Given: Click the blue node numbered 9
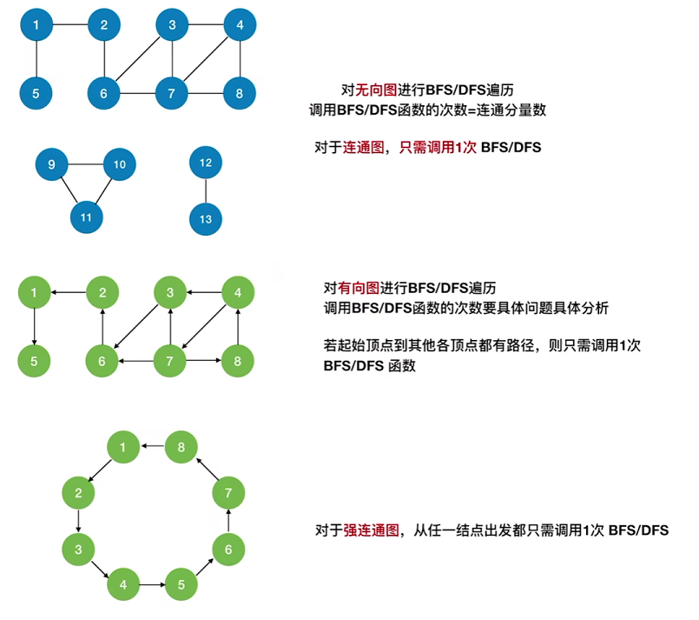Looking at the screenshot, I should click(52, 164).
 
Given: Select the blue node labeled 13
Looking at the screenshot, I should click(206, 219).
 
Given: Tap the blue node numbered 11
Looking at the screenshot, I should click(86, 217).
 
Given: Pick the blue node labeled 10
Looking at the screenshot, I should click(120, 164).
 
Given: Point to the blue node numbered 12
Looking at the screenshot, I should click(206, 163).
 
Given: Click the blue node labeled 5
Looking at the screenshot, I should click(36, 93).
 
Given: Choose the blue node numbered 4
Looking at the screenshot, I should click(239, 26).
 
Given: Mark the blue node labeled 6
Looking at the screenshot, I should click(103, 93).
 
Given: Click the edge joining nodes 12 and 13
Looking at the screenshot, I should click(206, 191).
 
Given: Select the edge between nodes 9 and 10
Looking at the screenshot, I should click(86, 164).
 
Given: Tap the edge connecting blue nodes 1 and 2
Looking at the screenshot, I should click(69, 26).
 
